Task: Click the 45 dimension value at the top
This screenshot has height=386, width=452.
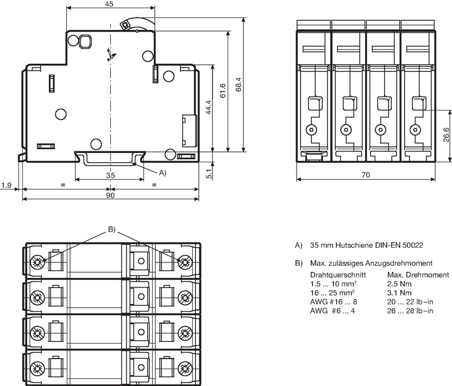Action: [x=109, y=4]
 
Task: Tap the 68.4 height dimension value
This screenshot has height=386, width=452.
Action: [x=238, y=84]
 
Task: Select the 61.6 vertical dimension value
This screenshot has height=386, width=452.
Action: [x=223, y=91]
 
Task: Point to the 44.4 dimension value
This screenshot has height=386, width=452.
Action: [x=209, y=107]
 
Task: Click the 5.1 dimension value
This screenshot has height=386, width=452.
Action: [x=209, y=174]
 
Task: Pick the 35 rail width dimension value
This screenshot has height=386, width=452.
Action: [x=110, y=175]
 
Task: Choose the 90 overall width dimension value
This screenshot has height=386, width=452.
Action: [x=110, y=195]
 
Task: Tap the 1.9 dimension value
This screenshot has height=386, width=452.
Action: [x=6, y=185]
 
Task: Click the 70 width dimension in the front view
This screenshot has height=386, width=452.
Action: [x=366, y=175]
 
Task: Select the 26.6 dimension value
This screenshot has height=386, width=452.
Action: [x=446, y=134]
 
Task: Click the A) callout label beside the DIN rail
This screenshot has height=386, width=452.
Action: [x=162, y=173]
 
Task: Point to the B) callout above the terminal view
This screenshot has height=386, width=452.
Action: [x=111, y=230]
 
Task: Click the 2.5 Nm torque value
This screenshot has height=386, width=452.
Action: [x=399, y=284]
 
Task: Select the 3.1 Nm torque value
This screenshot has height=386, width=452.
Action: [x=399, y=293]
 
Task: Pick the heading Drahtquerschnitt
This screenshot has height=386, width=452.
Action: [x=338, y=275]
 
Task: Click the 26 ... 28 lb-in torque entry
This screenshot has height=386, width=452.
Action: [x=410, y=311]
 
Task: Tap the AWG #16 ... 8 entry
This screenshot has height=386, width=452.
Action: [x=334, y=302]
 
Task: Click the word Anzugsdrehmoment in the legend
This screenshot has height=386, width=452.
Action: [x=399, y=263]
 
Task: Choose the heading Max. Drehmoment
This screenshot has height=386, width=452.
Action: [x=418, y=275]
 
